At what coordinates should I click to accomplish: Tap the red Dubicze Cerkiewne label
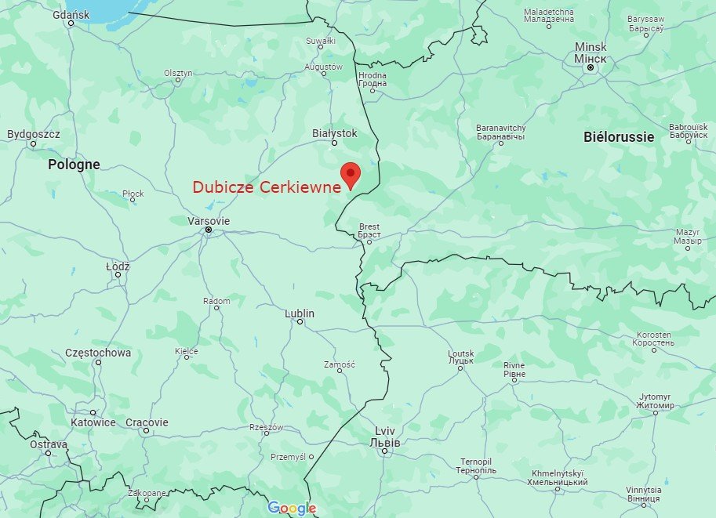pos(267,187)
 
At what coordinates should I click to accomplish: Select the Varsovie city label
pos(209,221)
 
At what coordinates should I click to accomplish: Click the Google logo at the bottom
pos(292,508)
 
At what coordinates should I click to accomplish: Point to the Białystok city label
pos(334,133)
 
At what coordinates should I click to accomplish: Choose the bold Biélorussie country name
pos(619,136)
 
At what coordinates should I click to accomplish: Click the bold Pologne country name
pos(74,165)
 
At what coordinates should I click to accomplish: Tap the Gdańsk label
pos(70,14)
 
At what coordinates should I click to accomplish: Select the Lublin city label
pos(300,313)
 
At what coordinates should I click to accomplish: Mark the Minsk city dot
pos(591,68)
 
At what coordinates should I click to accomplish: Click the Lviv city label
pos(384,436)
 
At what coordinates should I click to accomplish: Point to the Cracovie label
pos(147,422)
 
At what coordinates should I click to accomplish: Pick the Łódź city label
pos(118,266)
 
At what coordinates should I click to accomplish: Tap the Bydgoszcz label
pos(33,134)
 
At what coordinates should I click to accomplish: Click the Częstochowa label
pos(98,353)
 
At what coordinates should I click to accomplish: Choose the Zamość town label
pos(340,364)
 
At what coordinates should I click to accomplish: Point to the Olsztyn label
pos(178,73)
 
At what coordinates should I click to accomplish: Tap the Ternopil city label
pos(476,465)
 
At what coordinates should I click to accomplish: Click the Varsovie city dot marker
pos(209,230)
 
